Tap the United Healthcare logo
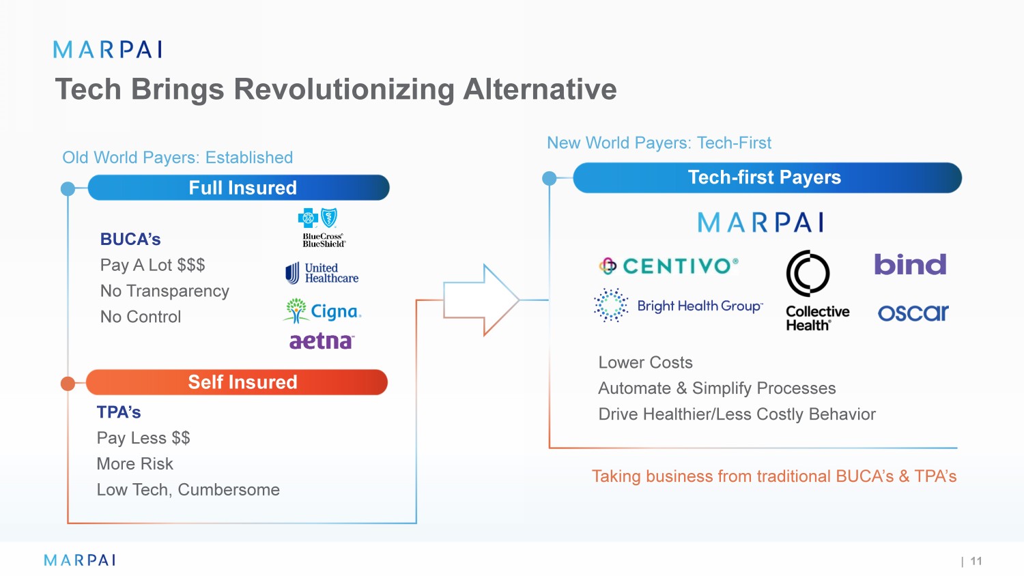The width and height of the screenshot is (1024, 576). (322, 273)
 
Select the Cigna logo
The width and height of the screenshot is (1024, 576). (322, 311)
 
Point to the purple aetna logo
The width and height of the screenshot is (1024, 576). (322, 341)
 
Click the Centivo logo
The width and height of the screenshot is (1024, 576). (668, 265)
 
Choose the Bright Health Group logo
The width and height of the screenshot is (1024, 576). (678, 306)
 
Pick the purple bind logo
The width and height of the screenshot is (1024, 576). (910, 265)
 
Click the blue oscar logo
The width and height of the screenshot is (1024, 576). (913, 313)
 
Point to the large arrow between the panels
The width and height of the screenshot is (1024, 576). (481, 300)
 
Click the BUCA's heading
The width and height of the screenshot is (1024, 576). (130, 240)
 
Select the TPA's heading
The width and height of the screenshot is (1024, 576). (119, 412)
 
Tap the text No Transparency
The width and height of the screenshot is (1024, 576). (165, 291)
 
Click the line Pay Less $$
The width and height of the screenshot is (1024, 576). (143, 438)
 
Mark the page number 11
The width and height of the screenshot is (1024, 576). (976, 561)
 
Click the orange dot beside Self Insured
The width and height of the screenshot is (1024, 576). (68, 384)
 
